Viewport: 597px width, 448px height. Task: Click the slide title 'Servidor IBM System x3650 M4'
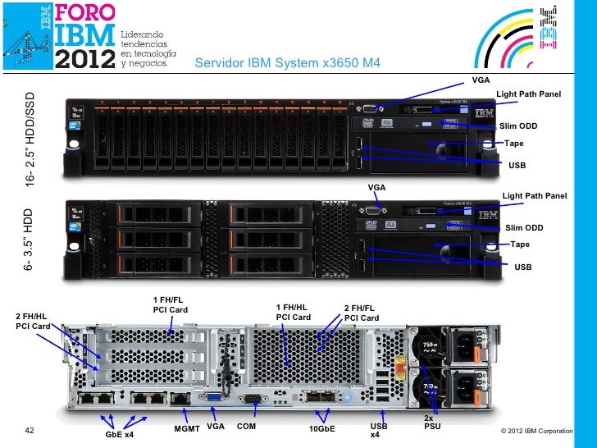(x=287, y=65)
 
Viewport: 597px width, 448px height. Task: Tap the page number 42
(x=30, y=429)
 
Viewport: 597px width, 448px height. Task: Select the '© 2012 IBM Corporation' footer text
(x=535, y=431)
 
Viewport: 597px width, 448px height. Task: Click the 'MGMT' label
(x=187, y=427)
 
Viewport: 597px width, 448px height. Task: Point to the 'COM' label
(x=246, y=427)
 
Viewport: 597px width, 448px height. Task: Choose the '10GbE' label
(x=321, y=428)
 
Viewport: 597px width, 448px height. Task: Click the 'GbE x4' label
(x=120, y=433)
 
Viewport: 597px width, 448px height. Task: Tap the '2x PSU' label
(x=432, y=423)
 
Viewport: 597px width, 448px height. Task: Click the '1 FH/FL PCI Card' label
(x=171, y=304)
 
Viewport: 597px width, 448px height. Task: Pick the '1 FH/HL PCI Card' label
(x=294, y=312)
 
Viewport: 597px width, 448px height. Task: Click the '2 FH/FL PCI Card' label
(x=362, y=313)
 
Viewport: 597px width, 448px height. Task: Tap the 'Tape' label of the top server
(x=514, y=144)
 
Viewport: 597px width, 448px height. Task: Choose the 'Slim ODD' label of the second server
(x=524, y=227)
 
